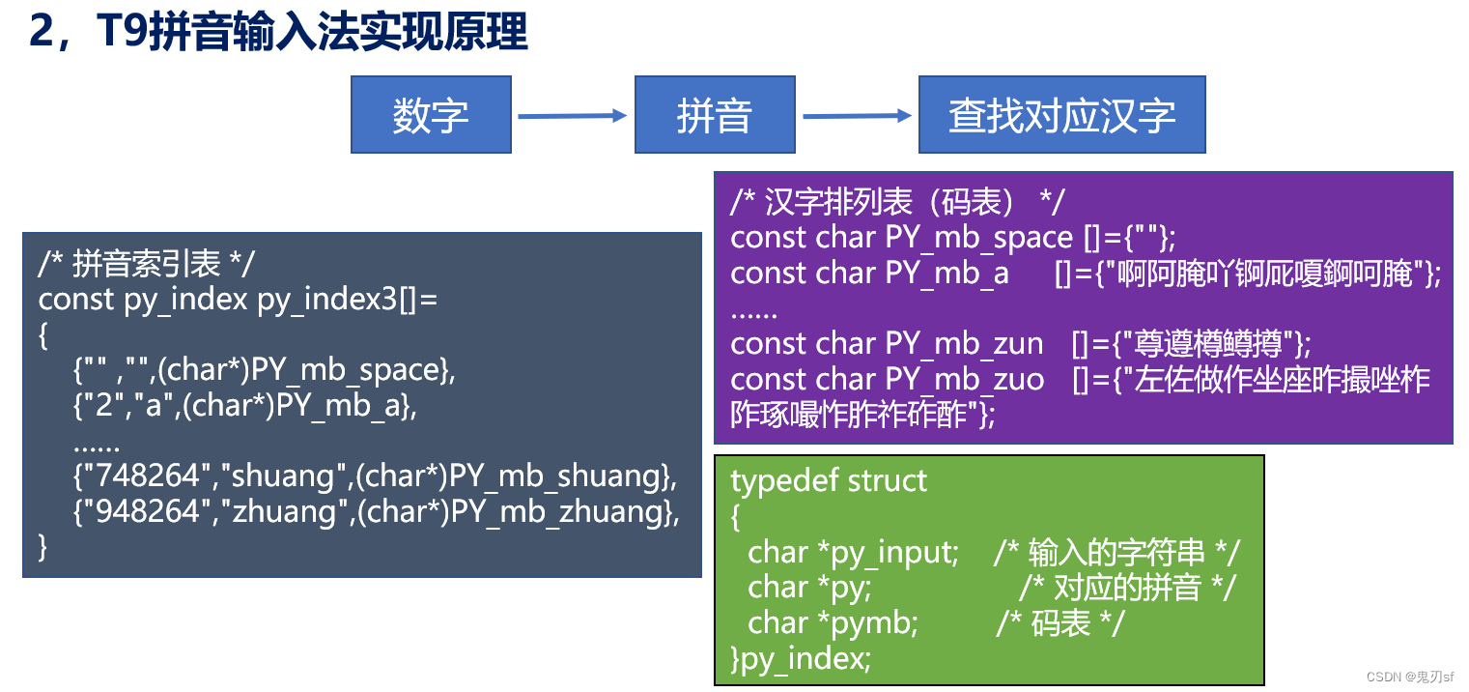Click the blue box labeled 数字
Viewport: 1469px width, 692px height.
pos(430,115)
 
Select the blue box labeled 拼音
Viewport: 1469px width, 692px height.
pos(715,115)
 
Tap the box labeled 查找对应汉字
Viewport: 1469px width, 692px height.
pos(1061,115)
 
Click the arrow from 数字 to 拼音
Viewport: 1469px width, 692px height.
pos(572,116)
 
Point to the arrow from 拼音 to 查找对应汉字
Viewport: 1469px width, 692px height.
pos(857,116)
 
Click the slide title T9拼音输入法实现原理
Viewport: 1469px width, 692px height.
pos(279,31)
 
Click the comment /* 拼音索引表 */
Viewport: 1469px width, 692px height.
pos(148,264)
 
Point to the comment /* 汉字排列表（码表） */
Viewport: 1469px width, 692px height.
pos(897,202)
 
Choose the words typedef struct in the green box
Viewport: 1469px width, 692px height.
pos(829,480)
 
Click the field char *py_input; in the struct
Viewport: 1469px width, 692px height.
pos(853,552)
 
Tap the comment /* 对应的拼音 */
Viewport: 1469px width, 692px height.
pos(1126,587)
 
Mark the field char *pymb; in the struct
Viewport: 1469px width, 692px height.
pos(832,622)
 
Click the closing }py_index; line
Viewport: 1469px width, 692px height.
pos(801,658)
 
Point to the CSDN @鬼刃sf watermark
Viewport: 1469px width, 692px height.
pos(1409,677)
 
